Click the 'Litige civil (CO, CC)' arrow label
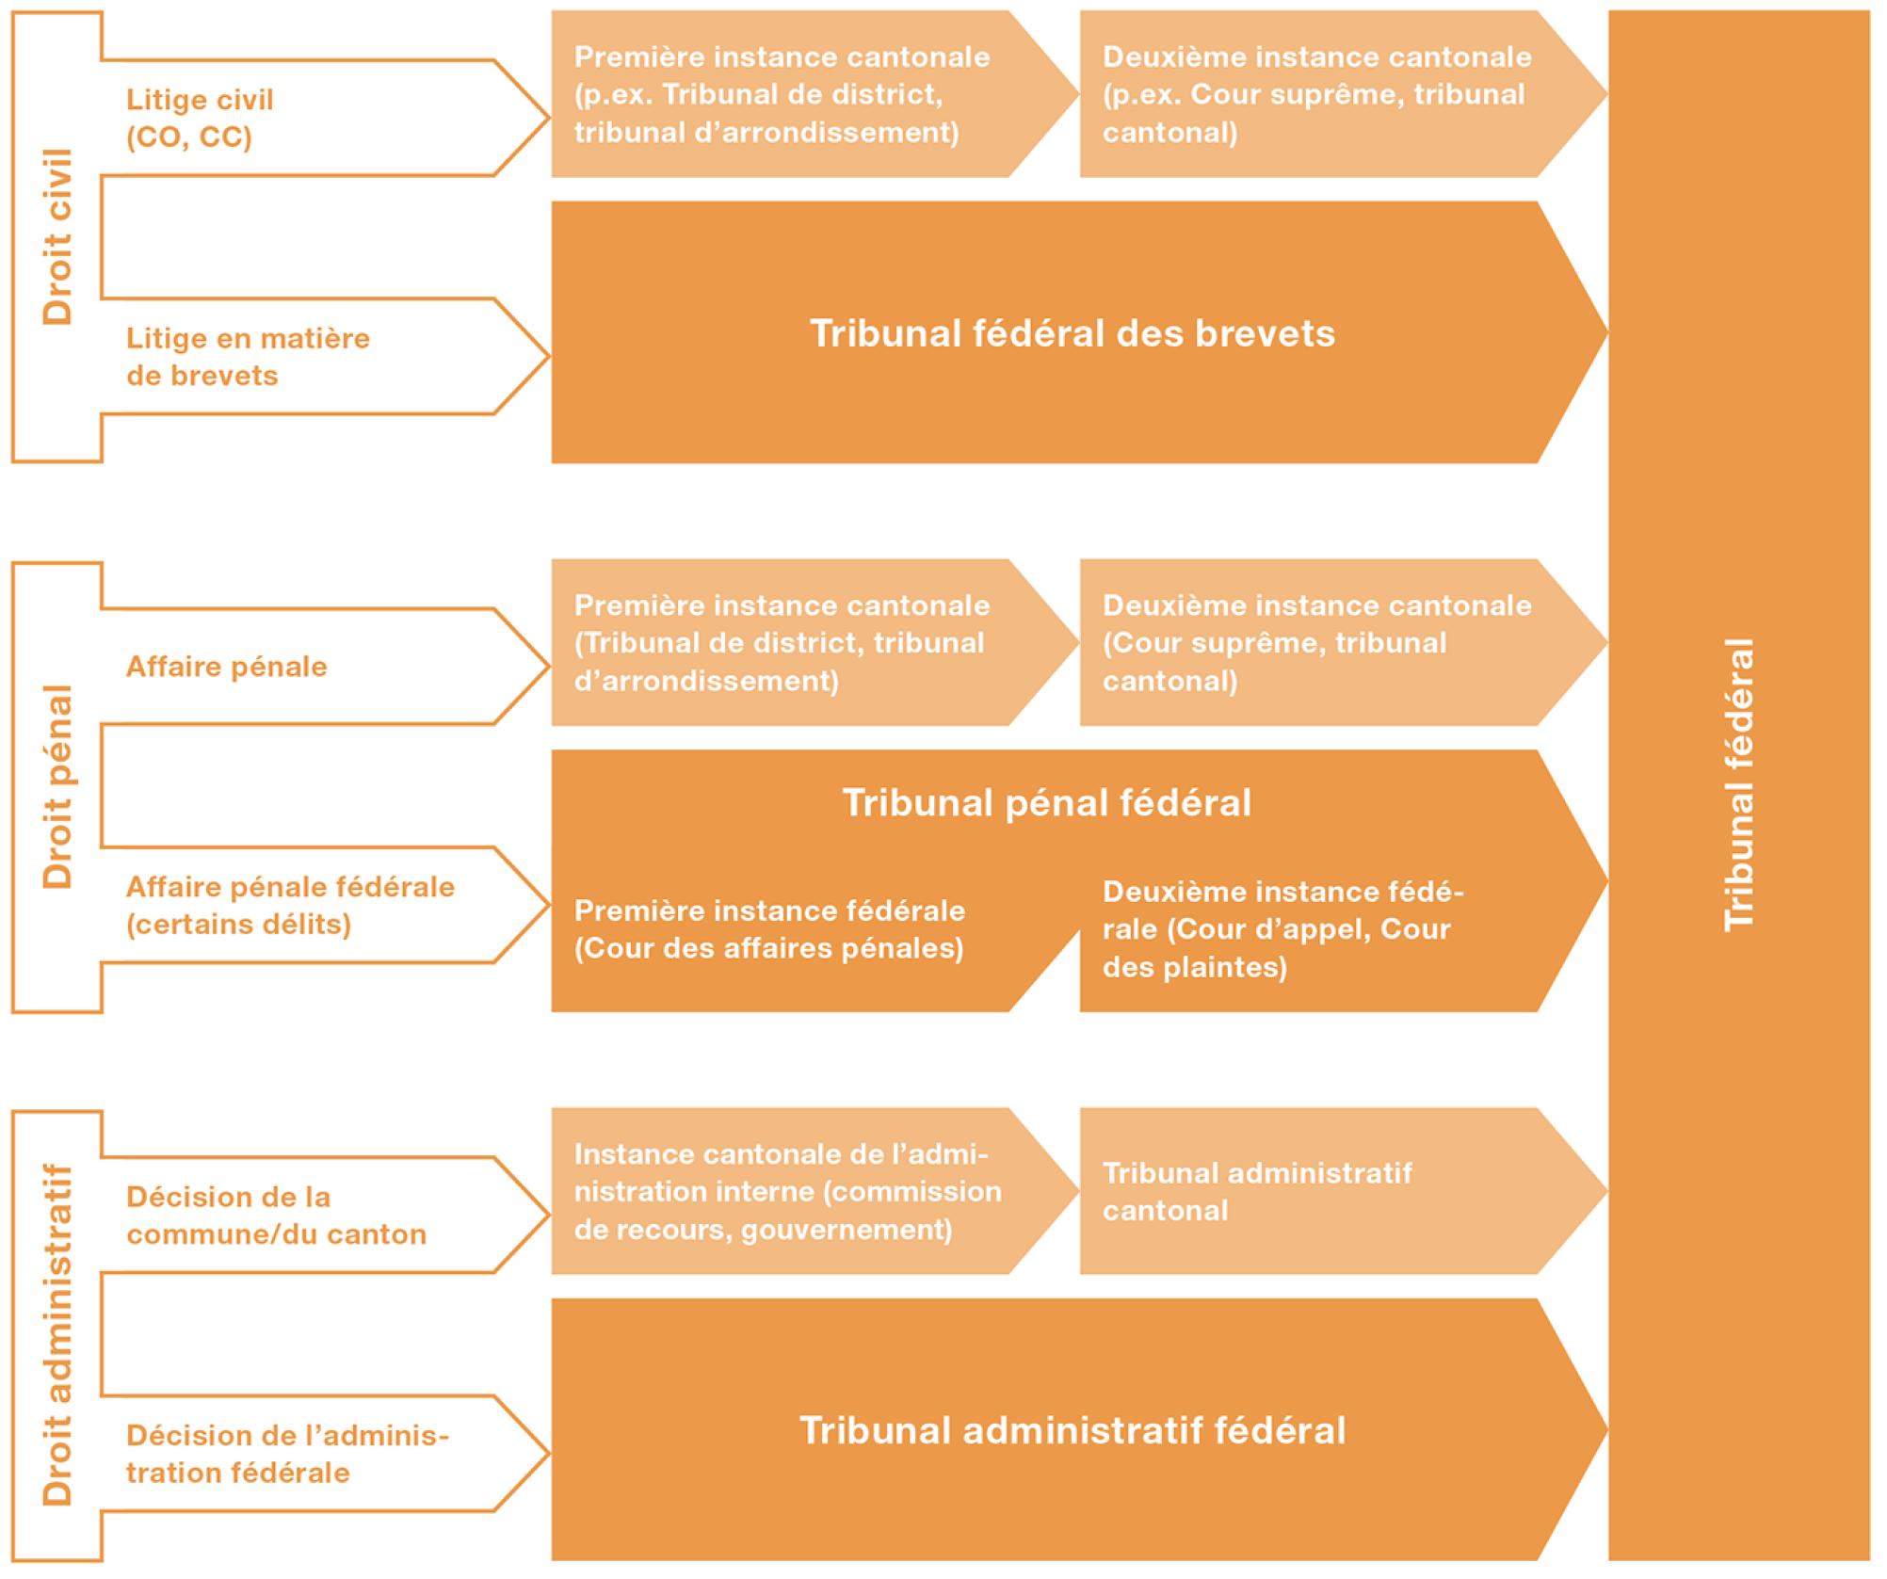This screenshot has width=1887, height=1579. (200, 119)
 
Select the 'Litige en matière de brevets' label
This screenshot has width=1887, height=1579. (248, 357)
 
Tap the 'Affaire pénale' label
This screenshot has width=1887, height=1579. (227, 667)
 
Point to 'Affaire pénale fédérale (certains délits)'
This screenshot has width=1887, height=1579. (290, 905)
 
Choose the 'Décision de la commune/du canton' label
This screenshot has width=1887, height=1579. (276, 1216)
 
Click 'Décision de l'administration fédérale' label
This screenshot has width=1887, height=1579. (287, 1454)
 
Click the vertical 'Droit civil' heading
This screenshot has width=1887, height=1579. (57, 236)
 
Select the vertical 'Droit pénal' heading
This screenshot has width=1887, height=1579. (57, 786)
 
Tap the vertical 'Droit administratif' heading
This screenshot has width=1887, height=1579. (57, 1335)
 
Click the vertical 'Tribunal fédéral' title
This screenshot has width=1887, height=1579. (1739, 785)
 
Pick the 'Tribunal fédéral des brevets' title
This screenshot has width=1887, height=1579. (1073, 333)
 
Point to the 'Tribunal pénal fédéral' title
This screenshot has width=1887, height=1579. (1046, 803)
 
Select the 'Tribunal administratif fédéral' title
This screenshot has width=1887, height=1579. (1073, 1430)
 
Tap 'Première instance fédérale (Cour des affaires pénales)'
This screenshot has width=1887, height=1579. (769, 929)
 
